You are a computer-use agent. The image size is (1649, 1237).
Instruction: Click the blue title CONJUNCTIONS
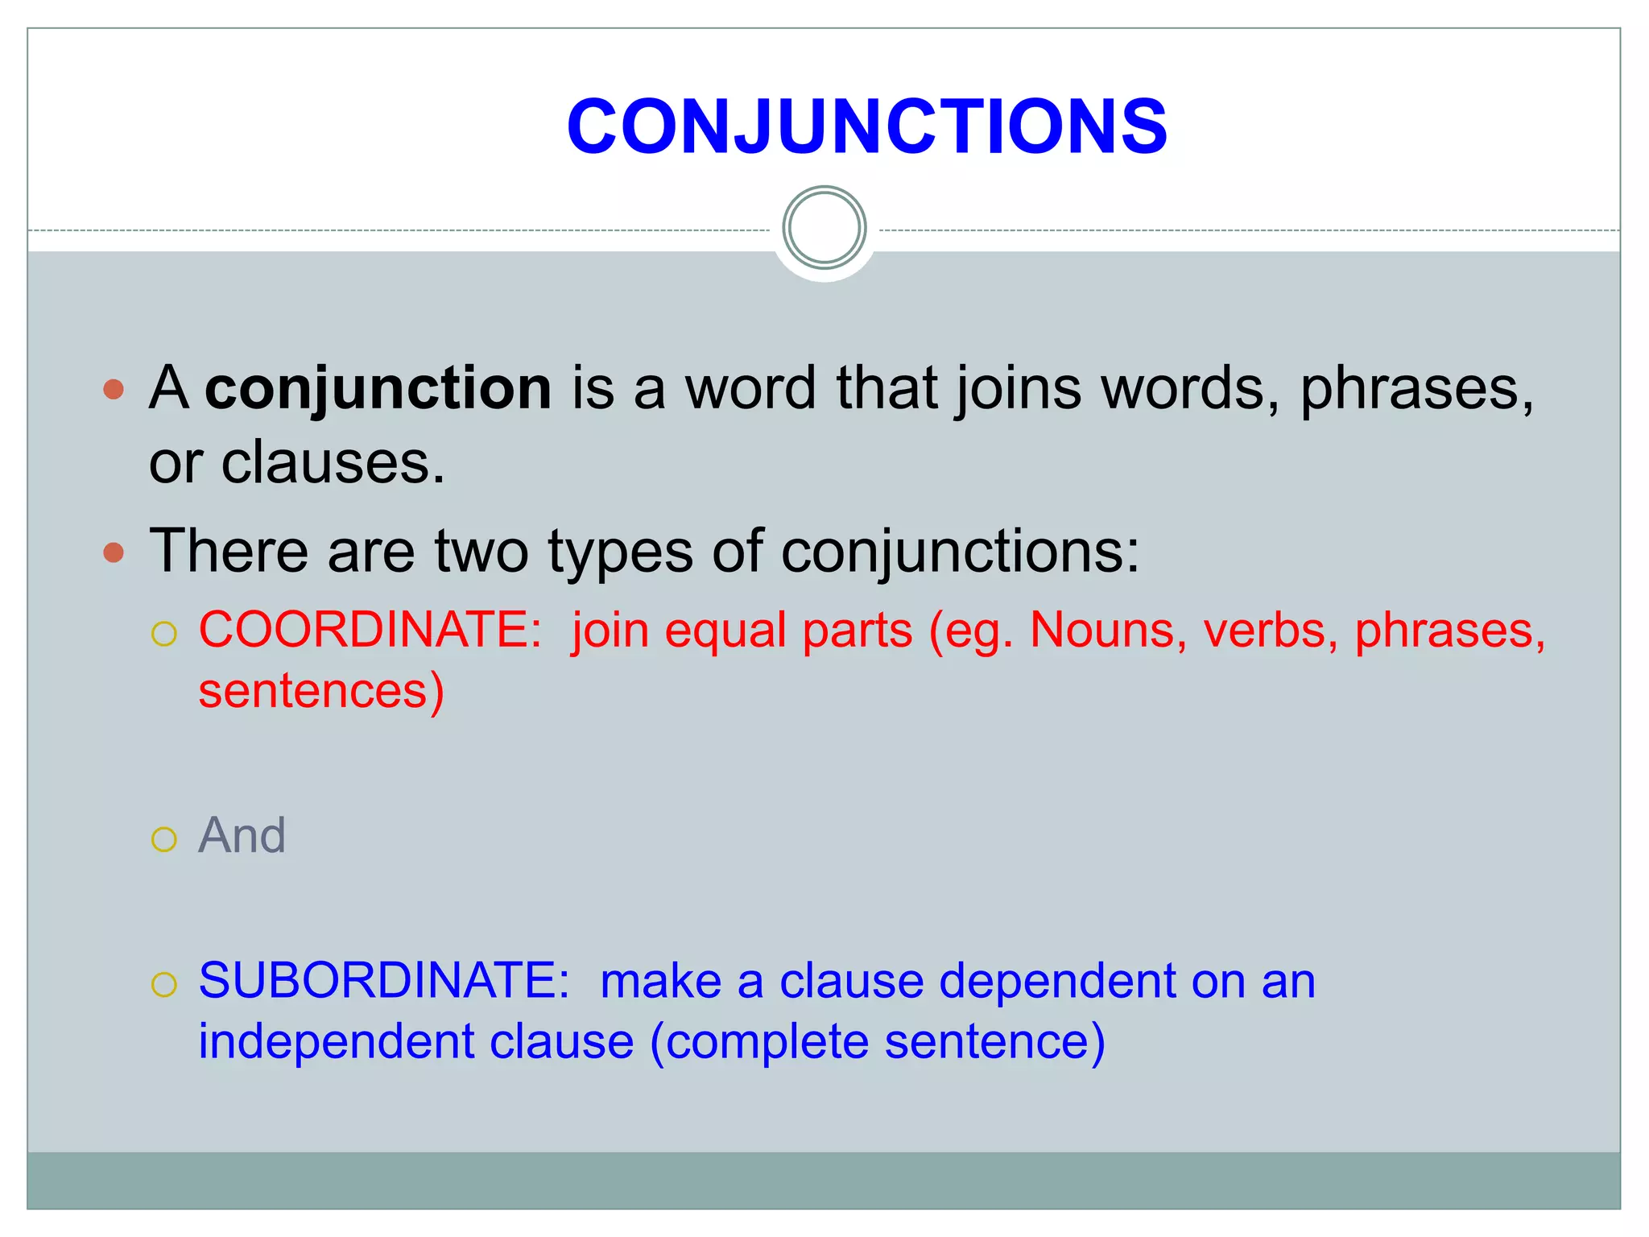point(866,126)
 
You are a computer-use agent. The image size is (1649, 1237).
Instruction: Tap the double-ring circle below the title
point(824,228)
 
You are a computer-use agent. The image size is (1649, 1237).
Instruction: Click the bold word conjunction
point(378,388)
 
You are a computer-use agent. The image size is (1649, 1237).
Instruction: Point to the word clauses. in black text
point(333,463)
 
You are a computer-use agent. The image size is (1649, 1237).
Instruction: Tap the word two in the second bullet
point(481,551)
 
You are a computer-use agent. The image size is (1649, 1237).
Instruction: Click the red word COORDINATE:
point(370,629)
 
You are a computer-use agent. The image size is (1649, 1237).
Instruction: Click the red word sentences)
point(321,691)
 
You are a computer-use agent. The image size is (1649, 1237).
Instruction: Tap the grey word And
point(242,834)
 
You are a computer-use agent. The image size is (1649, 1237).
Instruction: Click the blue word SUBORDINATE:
point(384,980)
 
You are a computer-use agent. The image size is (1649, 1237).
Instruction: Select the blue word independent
point(337,1041)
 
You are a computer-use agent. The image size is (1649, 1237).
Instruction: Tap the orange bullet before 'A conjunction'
point(114,391)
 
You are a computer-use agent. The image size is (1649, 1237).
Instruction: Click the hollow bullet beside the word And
point(164,839)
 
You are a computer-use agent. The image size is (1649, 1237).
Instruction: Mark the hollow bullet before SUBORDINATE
point(164,984)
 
